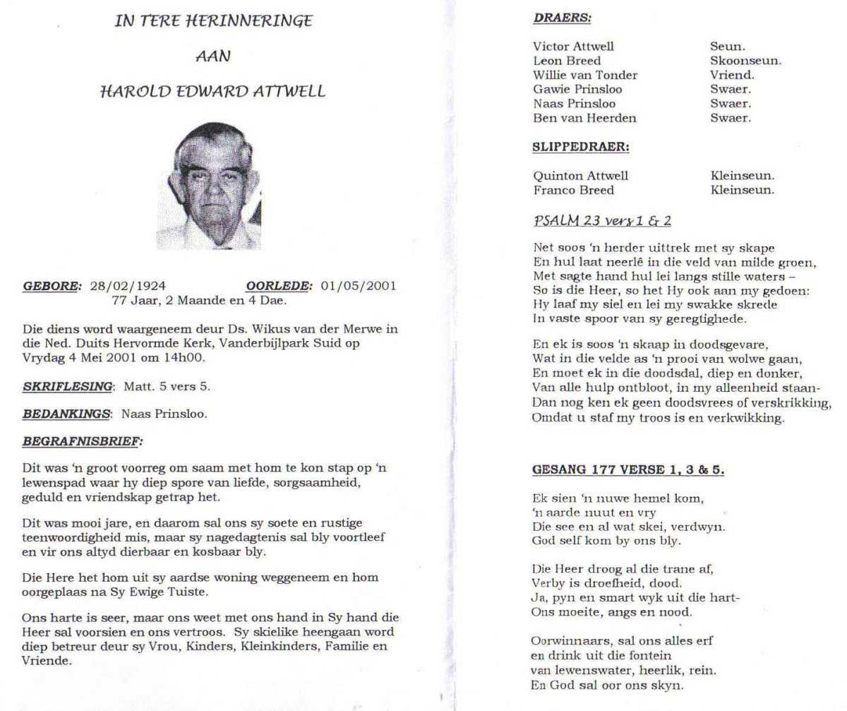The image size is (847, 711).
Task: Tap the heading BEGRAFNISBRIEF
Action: (x=82, y=442)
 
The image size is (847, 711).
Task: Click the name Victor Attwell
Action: (x=573, y=47)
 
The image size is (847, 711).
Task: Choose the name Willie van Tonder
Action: (x=585, y=75)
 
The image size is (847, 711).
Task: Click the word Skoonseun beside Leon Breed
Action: (x=745, y=61)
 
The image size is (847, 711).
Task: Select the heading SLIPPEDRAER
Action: (x=581, y=148)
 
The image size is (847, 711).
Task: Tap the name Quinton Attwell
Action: (x=580, y=176)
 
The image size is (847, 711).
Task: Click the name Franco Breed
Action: (x=573, y=190)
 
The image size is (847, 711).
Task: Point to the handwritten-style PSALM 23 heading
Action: (x=602, y=221)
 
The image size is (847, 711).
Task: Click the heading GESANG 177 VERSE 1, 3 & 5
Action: (x=627, y=470)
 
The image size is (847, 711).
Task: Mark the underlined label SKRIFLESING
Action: (x=68, y=386)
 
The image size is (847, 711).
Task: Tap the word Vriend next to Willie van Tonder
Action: (x=732, y=75)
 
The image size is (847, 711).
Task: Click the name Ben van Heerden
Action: (x=584, y=118)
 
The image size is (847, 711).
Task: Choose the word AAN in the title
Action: (x=213, y=56)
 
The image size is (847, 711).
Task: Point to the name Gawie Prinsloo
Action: (x=577, y=90)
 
